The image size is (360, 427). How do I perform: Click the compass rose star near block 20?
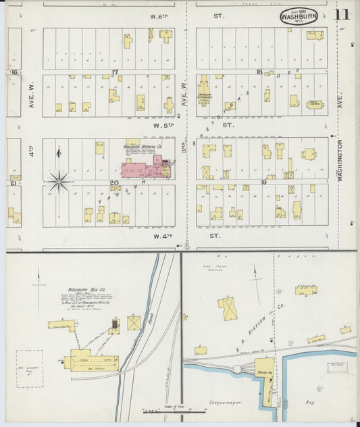[59, 180]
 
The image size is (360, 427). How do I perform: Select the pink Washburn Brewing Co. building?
[144, 168]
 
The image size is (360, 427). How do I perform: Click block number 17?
[115, 72]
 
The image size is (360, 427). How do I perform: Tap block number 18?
[259, 72]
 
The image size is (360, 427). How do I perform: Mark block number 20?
[114, 182]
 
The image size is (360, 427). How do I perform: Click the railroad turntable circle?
[237, 369]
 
